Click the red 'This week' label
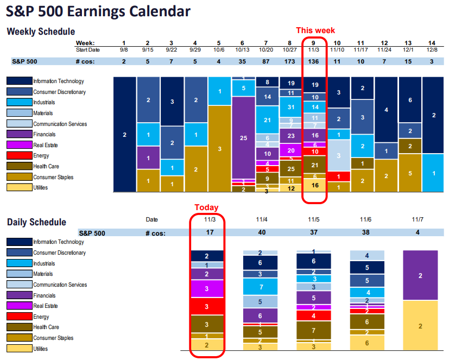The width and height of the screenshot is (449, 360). pyautogui.click(x=315, y=30)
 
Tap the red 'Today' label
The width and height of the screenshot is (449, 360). pyautogui.click(x=207, y=207)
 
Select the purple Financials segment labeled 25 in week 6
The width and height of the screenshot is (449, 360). pyautogui.click(x=243, y=138)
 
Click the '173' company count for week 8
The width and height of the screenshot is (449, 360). pyautogui.click(x=290, y=61)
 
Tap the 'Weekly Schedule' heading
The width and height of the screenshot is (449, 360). pyautogui.click(x=41, y=31)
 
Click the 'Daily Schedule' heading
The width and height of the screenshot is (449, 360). pyautogui.click(x=36, y=222)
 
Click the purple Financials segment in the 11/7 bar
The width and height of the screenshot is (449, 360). pyautogui.click(x=420, y=275)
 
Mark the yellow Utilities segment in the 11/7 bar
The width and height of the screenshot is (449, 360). pyautogui.click(x=420, y=326)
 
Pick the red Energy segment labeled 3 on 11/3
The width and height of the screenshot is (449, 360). pyautogui.click(x=207, y=306)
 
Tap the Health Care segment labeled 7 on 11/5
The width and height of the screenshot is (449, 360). pyautogui.click(x=313, y=331)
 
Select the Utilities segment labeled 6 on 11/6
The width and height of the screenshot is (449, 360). pyautogui.click(x=366, y=343)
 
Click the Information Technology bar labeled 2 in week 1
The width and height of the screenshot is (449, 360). pyautogui.click(x=124, y=134)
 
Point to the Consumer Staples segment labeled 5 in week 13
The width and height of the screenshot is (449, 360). pyautogui.click(x=410, y=173)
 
